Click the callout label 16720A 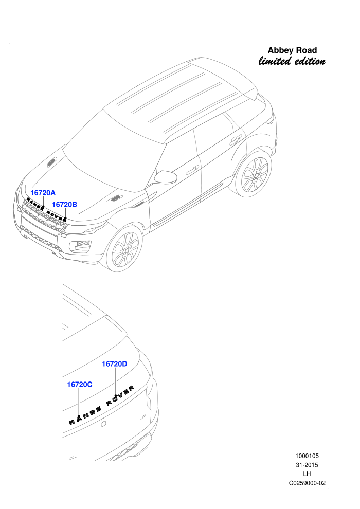pos(43,193)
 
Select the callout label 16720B pos(64,205)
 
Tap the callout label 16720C pos(80,385)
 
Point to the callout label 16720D pos(115,364)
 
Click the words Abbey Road pos(292,50)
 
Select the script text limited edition pos(292,61)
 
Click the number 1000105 pos(307,456)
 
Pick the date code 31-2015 pos(307,465)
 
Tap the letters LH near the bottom pos(307,474)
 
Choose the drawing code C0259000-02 pos(307,483)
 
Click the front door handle pos(192,169)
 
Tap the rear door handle pos(235,140)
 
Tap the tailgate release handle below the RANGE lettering pos(103,422)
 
